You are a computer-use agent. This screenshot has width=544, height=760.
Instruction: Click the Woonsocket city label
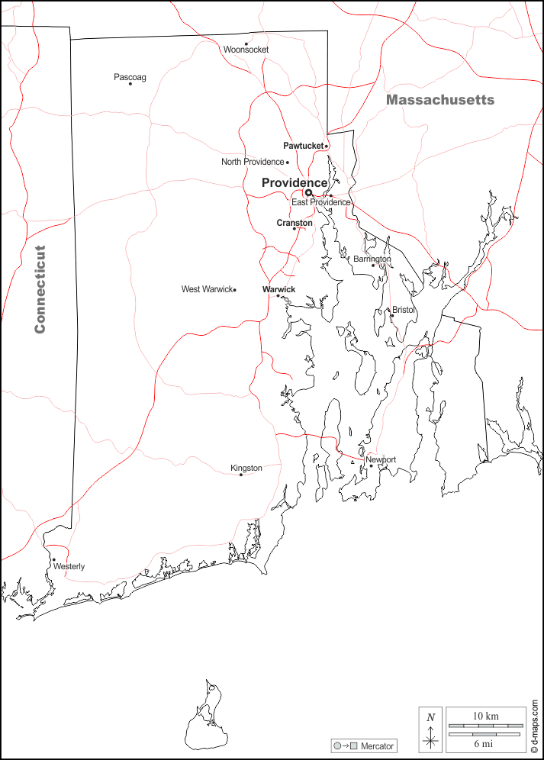click(246, 50)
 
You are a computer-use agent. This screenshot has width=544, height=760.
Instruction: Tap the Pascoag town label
click(130, 77)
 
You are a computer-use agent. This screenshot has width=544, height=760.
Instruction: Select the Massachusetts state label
click(439, 100)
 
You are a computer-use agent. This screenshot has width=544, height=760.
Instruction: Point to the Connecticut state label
click(40, 288)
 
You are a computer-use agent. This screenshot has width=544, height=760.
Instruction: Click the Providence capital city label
click(295, 182)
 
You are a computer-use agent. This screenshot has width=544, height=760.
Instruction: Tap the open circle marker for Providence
click(309, 192)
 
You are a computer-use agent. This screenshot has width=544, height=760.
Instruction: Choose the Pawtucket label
click(303, 146)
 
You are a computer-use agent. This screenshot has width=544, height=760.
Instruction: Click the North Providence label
click(253, 162)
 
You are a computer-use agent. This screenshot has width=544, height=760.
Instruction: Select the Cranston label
click(295, 223)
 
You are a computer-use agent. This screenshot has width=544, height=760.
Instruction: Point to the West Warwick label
click(207, 289)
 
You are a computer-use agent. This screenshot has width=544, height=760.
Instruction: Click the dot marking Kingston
click(241, 475)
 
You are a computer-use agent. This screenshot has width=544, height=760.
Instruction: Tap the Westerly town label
click(69, 566)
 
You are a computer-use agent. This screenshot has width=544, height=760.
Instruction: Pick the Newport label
click(381, 459)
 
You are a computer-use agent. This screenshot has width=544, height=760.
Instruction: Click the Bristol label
click(404, 310)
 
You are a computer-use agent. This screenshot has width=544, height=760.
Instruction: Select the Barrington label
click(372, 259)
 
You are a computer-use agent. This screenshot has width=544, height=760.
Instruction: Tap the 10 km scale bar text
click(485, 716)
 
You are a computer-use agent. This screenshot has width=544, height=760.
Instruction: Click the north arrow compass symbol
click(431, 731)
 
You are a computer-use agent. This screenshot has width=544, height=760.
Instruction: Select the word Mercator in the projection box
click(377, 746)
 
